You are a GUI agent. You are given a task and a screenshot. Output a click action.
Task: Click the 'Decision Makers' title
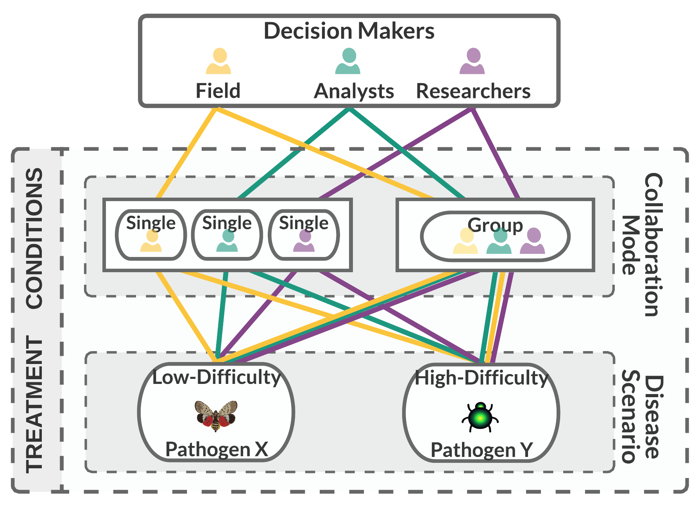coord(349,31)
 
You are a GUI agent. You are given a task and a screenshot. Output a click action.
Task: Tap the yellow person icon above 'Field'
coord(219,61)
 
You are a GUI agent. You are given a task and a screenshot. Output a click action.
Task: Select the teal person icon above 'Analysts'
coord(348,61)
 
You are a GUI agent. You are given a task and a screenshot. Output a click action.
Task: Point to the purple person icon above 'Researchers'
coord(472,61)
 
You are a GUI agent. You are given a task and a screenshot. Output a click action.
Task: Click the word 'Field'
coord(218,91)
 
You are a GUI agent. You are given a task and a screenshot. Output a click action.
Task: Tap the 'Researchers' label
coord(473,91)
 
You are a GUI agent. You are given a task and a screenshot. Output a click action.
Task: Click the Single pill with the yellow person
coord(151,235)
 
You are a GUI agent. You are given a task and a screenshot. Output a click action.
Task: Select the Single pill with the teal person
coord(227,235)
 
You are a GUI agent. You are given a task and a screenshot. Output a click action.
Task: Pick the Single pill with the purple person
coord(304,235)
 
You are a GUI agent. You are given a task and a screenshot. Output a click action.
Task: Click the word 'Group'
coord(495,225)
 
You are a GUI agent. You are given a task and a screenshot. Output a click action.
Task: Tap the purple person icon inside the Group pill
coord(533,241)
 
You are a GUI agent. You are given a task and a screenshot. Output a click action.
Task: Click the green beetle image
coord(480,417)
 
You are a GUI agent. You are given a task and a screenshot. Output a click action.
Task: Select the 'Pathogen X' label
coord(217,449)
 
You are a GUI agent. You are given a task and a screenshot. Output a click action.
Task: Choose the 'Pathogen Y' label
coord(482,450)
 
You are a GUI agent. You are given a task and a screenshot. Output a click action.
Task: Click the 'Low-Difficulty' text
coord(217,378)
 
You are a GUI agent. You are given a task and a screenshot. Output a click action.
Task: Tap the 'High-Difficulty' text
coord(482,378)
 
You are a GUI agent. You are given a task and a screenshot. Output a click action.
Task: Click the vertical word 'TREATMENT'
coord(34,404)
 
